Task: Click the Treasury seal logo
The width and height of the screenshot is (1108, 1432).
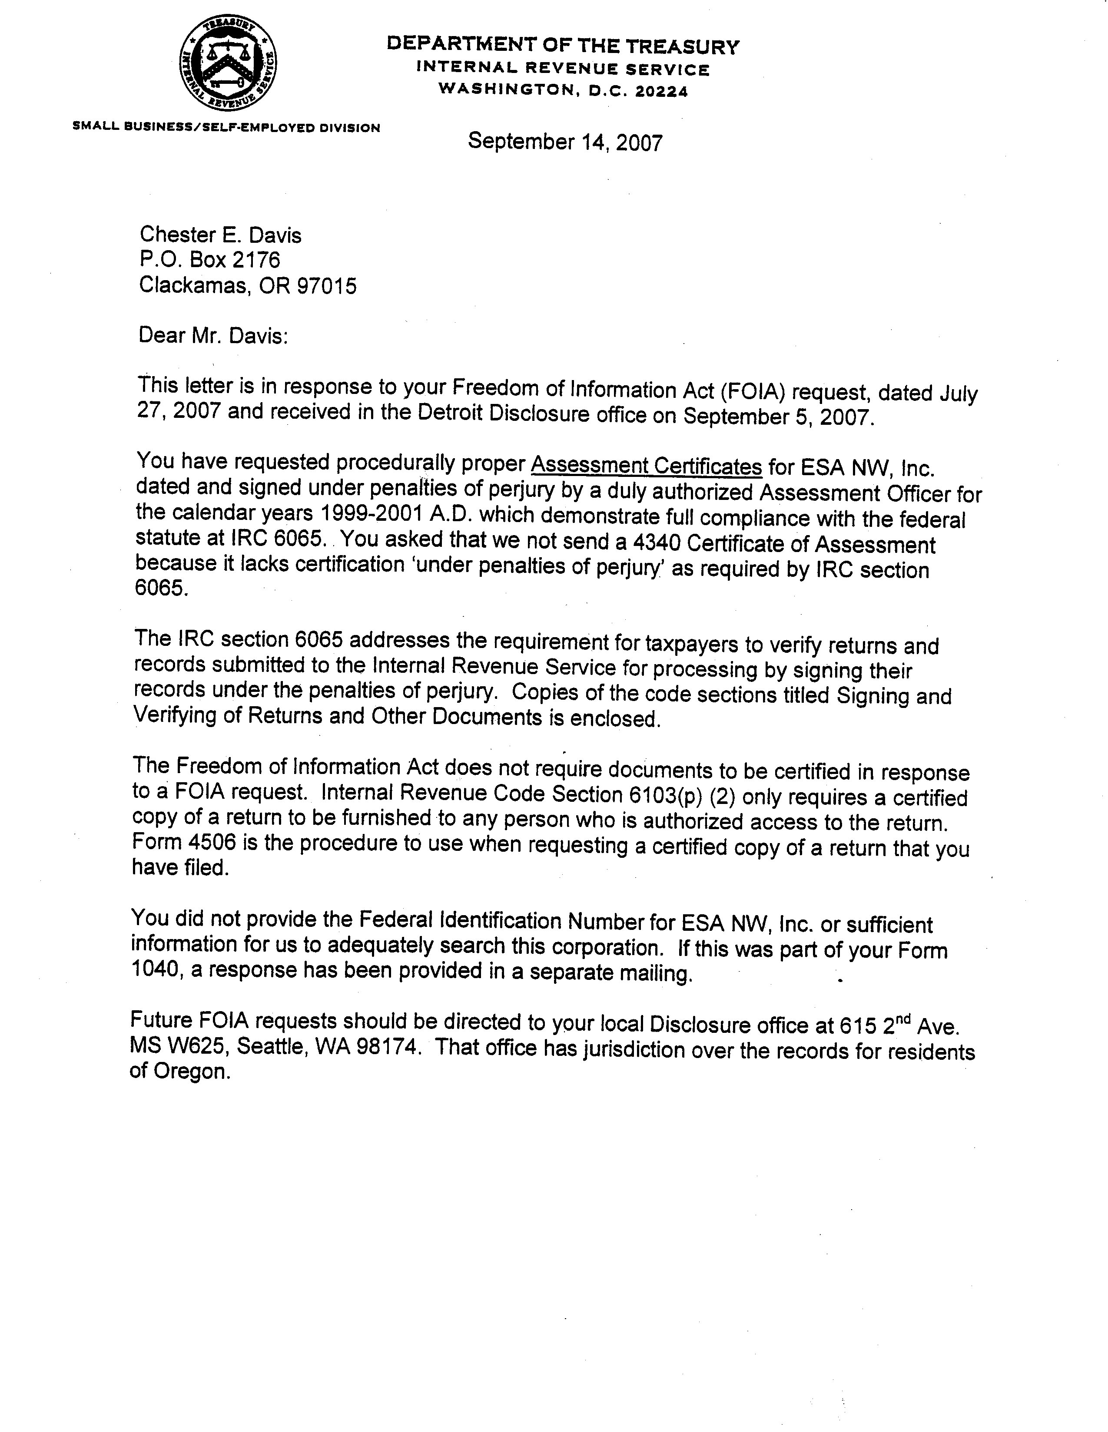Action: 228,64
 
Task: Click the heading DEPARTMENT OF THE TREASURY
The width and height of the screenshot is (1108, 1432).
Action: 562,46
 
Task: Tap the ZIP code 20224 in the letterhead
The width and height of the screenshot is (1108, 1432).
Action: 664,92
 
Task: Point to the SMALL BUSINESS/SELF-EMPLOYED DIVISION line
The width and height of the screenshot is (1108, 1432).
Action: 226,127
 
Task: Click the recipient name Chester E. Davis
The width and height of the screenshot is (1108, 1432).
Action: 220,235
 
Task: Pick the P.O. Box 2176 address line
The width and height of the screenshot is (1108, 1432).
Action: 209,260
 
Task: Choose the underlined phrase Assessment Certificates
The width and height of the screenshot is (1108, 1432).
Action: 646,466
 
